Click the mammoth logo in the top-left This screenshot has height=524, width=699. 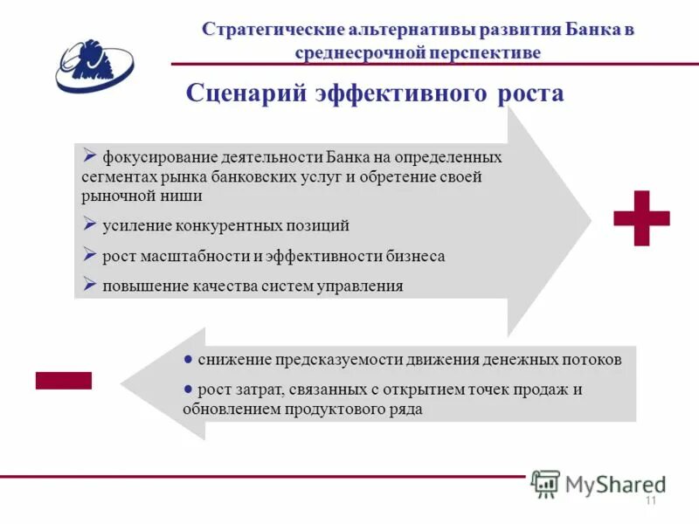[94, 65]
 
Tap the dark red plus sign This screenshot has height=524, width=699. [641, 217]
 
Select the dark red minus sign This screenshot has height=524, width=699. [63, 380]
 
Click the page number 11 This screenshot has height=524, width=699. [650, 500]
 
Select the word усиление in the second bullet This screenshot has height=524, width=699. [136, 225]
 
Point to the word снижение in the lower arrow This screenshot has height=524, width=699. [233, 359]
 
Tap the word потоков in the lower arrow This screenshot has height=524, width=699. [592, 359]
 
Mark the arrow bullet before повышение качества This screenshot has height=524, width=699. [90, 284]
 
